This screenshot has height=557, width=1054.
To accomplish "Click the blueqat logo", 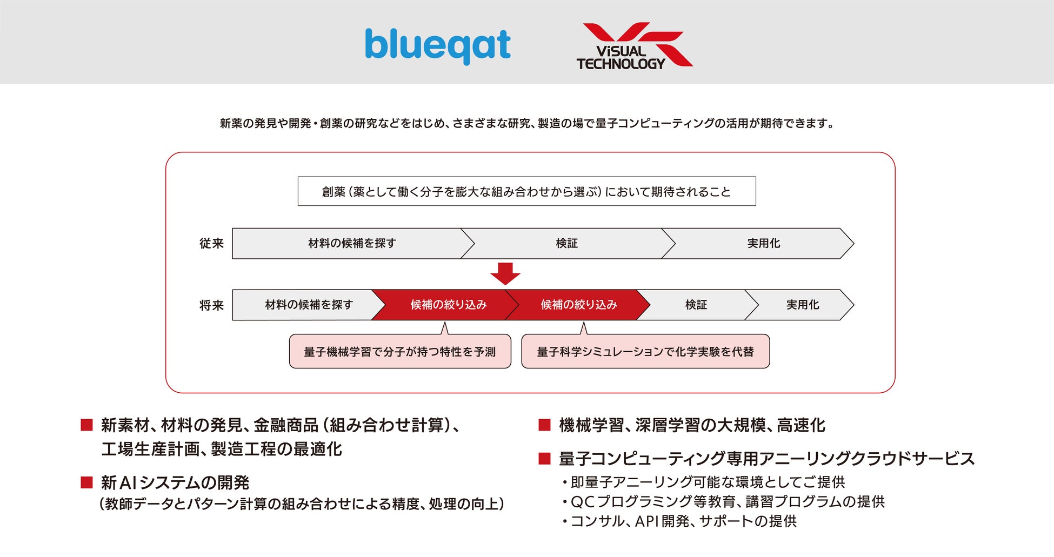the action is [437, 45].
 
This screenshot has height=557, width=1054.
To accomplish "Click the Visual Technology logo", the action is [633, 46].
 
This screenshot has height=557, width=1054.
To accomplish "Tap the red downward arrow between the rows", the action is [505, 273].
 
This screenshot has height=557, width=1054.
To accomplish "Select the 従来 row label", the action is [211, 244].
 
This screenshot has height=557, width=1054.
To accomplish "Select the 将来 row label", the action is [211, 305].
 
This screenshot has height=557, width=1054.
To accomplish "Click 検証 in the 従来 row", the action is [566, 244].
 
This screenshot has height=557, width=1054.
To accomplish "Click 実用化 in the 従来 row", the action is [763, 244].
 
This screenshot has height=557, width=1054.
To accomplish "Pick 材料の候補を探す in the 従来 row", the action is [352, 244].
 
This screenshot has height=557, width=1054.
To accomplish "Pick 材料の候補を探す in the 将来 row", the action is [309, 305].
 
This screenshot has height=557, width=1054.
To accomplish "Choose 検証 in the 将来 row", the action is [696, 305].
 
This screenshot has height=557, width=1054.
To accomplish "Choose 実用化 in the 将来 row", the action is [802, 305].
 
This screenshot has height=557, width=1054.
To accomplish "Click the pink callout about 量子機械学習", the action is [400, 352].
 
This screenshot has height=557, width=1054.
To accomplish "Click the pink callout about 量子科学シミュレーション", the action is [645, 352].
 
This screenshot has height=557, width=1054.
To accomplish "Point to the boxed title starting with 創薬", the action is [526, 192].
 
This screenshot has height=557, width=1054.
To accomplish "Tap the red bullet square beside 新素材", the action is [86, 425].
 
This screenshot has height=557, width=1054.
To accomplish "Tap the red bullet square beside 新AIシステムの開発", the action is [86, 482].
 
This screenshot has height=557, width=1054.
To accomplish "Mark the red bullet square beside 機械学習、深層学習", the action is [544, 425].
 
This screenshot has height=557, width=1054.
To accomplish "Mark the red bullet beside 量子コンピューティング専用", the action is [544, 459].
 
